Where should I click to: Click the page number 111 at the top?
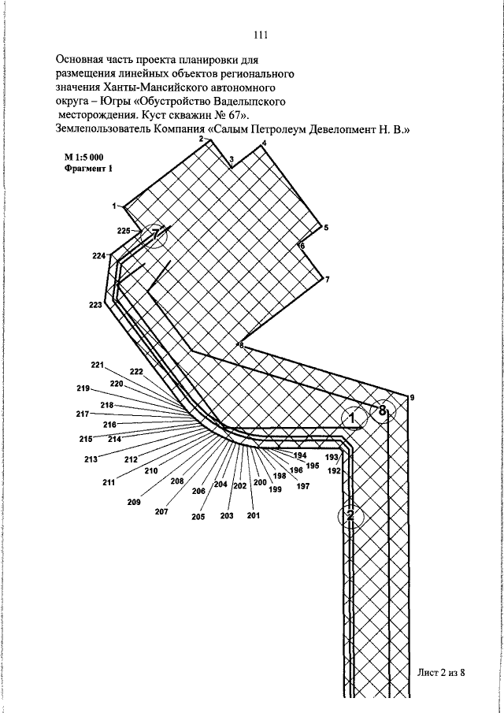[x=261, y=35]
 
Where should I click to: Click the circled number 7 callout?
[x=156, y=233]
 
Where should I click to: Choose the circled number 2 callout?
[x=351, y=516]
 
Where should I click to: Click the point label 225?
[x=124, y=231]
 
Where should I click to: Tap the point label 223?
[x=96, y=305]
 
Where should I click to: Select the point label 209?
[x=134, y=501]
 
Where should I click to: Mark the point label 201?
[x=253, y=516]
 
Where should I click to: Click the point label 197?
[x=302, y=486]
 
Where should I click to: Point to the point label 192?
[x=334, y=470]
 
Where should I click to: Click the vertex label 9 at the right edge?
[x=412, y=398]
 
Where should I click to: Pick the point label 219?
[x=83, y=388]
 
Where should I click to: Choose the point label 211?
[x=109, y=482]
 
